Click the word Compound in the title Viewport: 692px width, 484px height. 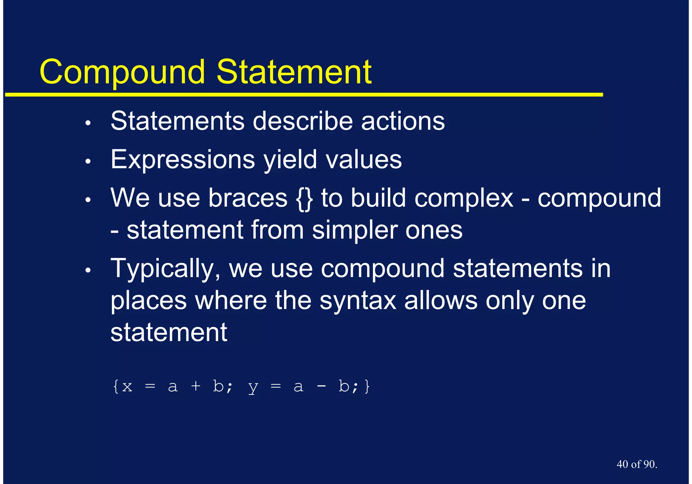(x=122, y=72)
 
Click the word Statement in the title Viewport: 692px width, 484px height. (x=294, y=72)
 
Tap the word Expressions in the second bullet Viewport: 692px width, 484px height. (x=183, y=159)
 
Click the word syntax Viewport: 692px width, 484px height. (x=358, y=301)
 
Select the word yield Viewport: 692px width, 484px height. (x=290, y=159)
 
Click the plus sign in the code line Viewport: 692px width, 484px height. (x=196, y=386)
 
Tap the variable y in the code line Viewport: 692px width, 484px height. (x=253, y=387)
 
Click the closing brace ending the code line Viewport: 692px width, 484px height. (x=367, y=386)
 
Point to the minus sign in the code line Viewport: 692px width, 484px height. (x=321, y=386)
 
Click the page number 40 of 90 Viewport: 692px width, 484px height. (x=637, y=464)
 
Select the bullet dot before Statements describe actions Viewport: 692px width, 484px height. (x=88, y=123)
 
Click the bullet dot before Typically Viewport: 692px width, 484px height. (x=88, y=271)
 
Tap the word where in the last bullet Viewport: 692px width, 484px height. (x=231, y=301)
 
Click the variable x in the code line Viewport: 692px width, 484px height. (x=127, y=387)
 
